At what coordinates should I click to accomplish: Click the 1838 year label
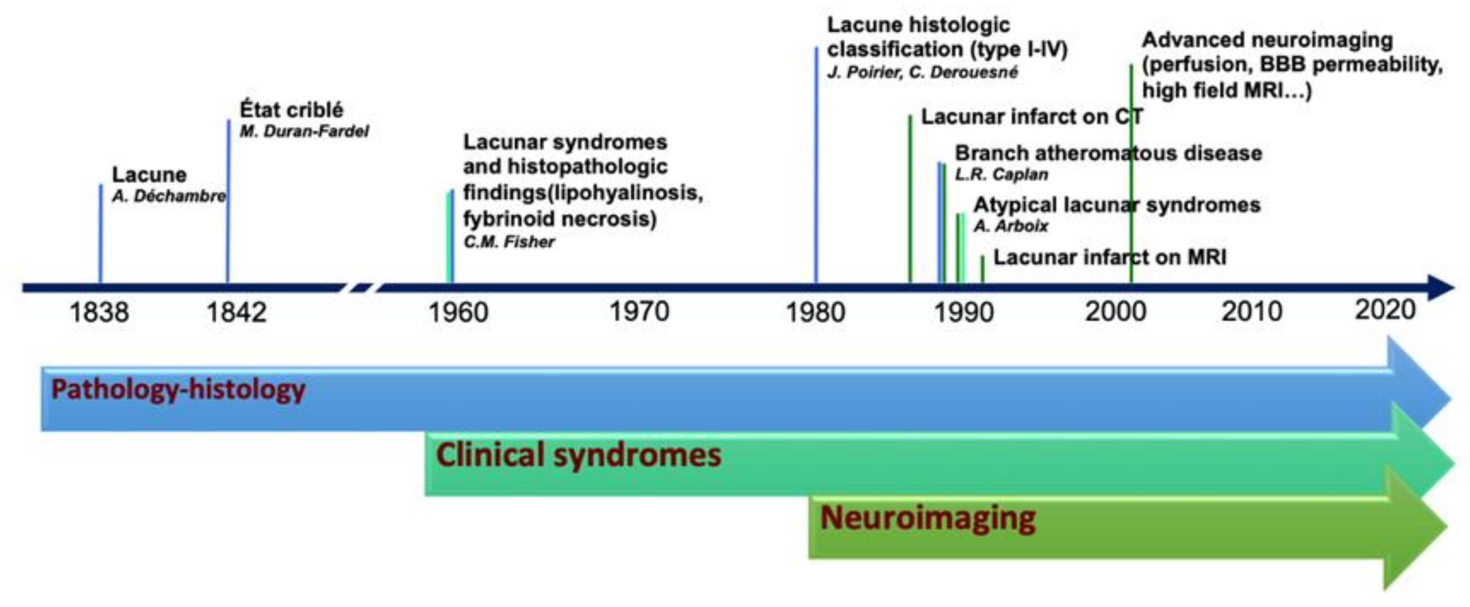click(99, 312)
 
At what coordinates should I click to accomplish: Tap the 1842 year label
click(236, 312)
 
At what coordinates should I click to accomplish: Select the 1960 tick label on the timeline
click(458, 312)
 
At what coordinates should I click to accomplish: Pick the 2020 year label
click(1385, 310)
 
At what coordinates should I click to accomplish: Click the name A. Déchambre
click(169, 196)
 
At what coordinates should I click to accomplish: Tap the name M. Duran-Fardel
click(304, 132)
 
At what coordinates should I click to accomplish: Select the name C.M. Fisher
click(509, 242)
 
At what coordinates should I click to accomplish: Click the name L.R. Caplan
click(1001, 175)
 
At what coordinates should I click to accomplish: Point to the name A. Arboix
click(1010, 226)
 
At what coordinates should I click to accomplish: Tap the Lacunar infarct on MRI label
click(1110, 257)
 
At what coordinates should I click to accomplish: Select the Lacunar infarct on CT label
click(1032, 117)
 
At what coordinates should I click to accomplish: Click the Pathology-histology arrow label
click(178, 390)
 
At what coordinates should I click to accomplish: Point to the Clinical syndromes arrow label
click(579, 455)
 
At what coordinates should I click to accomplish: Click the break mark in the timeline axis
click(361, 288)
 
